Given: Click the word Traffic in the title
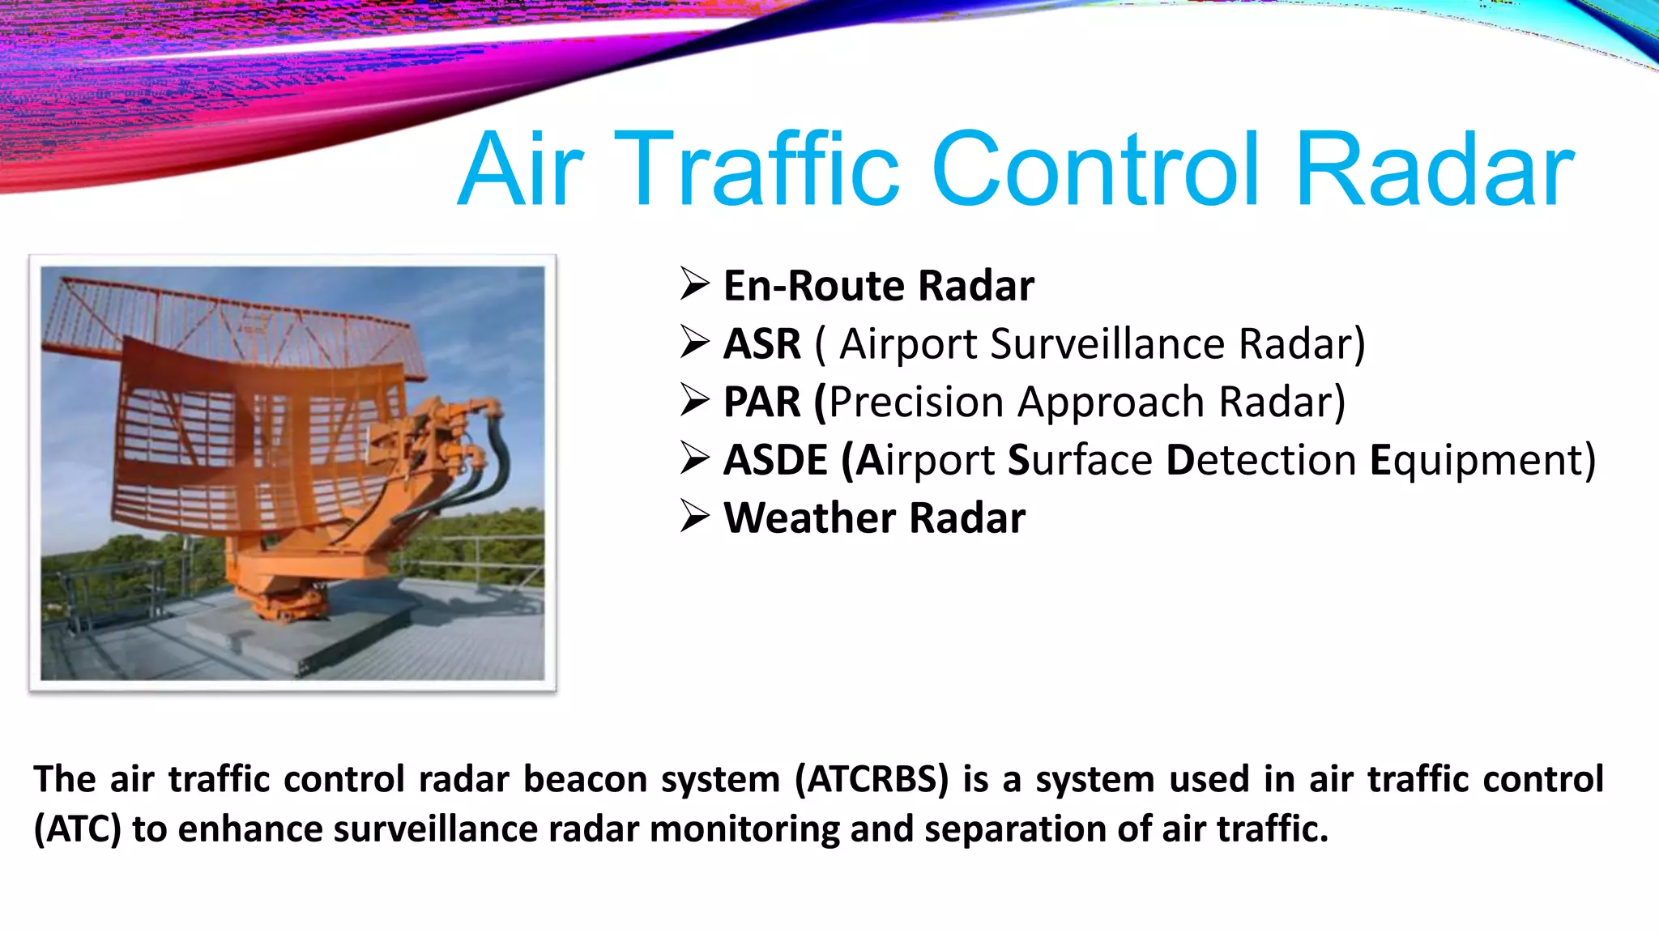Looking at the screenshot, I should (x=757, y=171).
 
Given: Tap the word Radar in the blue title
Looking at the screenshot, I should (x=1434, y=171).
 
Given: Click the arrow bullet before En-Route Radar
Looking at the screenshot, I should (x=695, y=284).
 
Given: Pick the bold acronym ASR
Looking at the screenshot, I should (x=761, y=343).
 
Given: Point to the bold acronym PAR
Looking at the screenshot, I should (x=761, y=402).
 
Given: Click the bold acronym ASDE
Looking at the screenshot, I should (x=775, y=460).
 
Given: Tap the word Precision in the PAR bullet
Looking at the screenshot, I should (x=915, y=402).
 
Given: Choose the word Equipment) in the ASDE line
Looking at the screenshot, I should (x=1482, y=460).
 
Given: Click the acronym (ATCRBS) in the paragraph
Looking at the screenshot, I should (x=872, y=779).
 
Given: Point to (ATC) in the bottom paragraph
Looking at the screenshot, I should (x=78, y=829).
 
